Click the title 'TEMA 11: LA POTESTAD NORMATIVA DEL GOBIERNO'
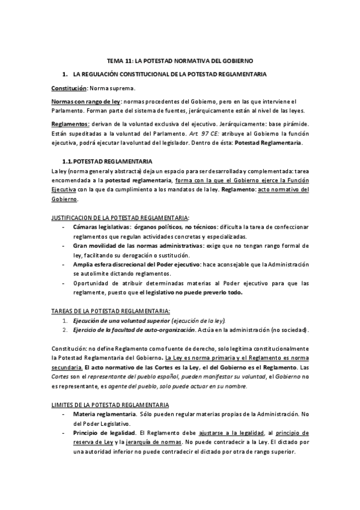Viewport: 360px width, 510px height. tap(180, 61)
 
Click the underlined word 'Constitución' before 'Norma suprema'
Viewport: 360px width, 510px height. tap(69, 88)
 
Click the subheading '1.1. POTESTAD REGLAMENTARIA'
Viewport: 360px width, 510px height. tap(107, 162)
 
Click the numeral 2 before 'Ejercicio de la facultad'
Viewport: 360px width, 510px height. tap(66, 330)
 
